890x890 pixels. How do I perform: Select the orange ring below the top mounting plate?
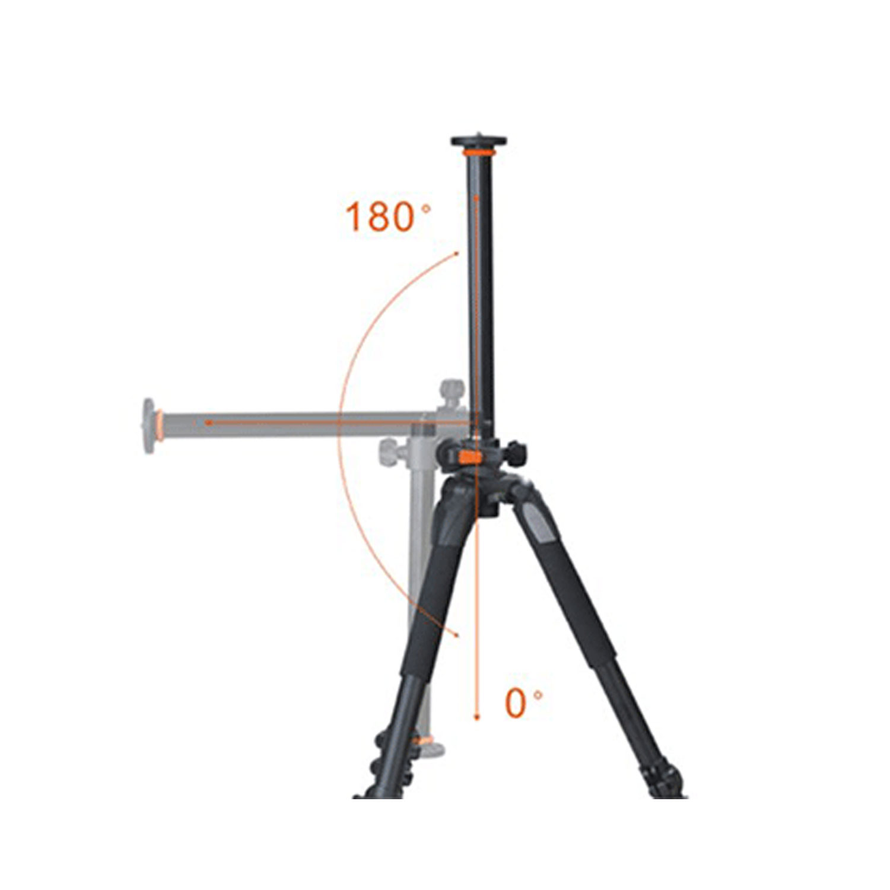pos(478,153)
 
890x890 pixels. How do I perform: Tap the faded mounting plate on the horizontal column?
pos(149,426)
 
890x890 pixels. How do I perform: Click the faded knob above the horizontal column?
pos(453,392)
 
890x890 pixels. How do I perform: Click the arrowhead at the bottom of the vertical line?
pos(476,717)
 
